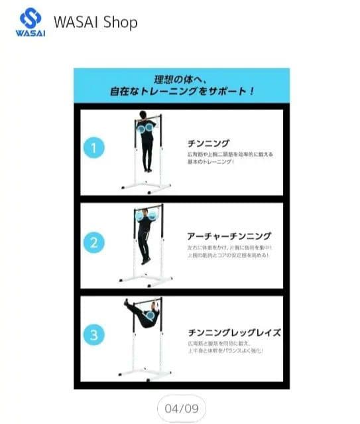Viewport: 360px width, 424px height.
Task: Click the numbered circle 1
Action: (x=95, y=147)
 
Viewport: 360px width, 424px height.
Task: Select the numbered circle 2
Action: (x=95, y=242)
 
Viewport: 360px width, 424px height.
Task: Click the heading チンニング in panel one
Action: (x=209, y=143)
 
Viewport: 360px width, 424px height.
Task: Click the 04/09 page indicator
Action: (x=181, y=406)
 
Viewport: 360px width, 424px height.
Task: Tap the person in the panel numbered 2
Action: (x=145, y=236)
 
